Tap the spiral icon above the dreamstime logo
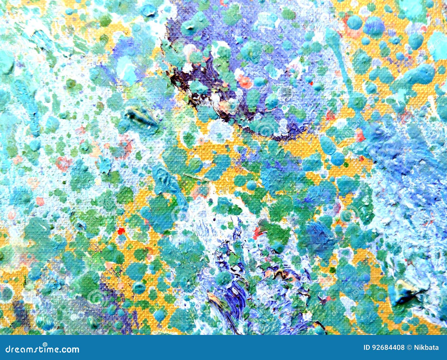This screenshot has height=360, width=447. [x=45, y=344]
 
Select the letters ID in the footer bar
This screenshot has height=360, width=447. [x=367, y=348]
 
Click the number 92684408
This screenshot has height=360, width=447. [x=388, y=348]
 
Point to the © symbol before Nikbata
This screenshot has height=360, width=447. [x=410, y=348]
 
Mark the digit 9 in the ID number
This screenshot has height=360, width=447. [x=374, y=348]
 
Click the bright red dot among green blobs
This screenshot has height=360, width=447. [x=121, y=231]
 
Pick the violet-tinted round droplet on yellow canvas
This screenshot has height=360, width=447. [x=374, y=27]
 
